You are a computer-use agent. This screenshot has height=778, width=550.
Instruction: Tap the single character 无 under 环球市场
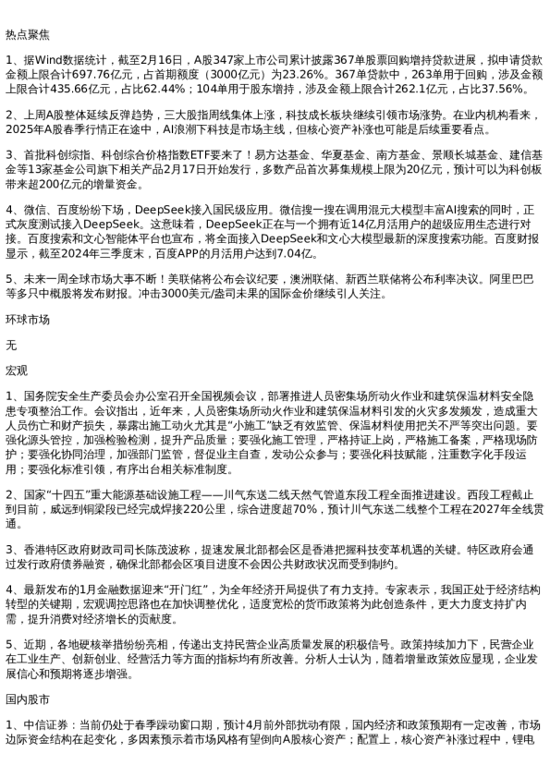pyautogui.click(x=11, y=343)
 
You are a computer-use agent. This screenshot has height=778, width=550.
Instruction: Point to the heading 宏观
pyautogui.click(x=17, y=369)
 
